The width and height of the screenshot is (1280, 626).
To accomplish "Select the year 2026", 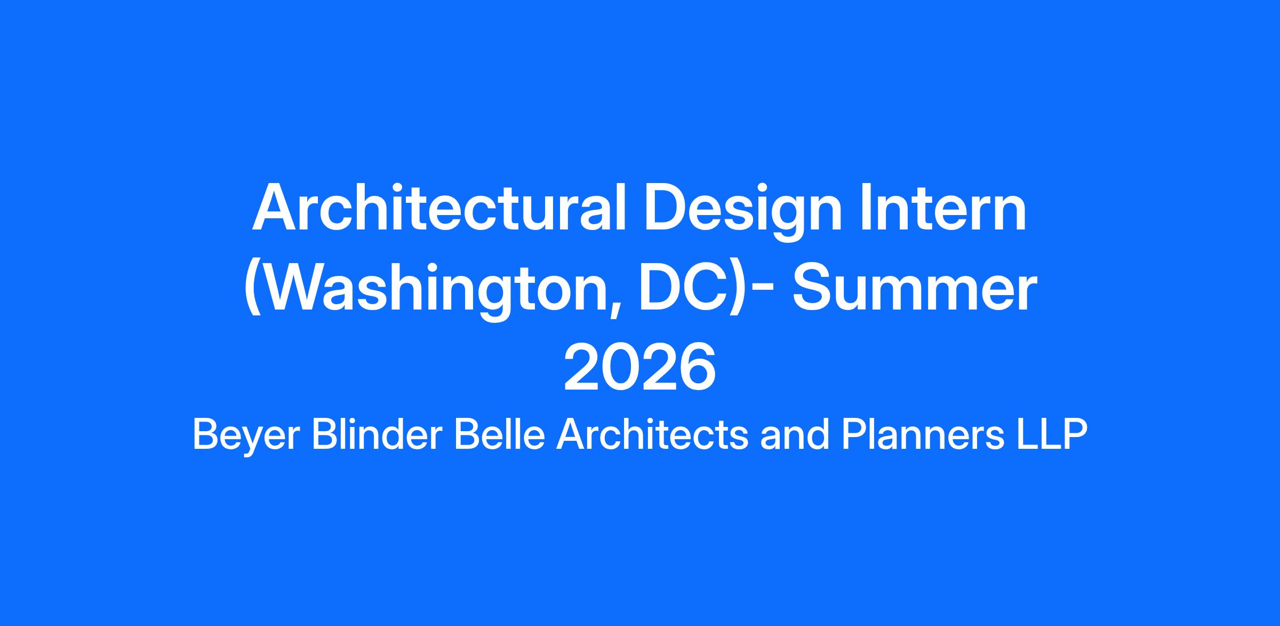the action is [x=639, y=367].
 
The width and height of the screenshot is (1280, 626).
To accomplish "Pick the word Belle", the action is [x=500, y=434].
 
